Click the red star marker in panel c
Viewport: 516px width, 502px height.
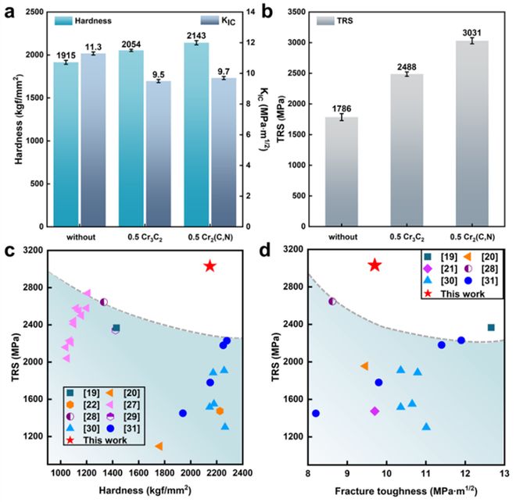pyautogui.click(x=210, y=266)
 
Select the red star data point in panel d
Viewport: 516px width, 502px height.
pyautogui.click(x=375, y=265)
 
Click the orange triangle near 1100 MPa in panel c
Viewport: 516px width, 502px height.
pyautogui.click(x=159, y=446)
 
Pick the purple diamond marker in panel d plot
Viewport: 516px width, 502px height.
pyautogui.click(x=375, y=411)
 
